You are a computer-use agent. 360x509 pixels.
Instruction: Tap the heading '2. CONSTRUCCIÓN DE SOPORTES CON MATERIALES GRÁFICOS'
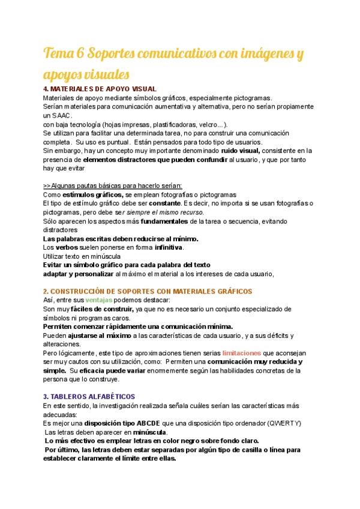coord(148,291)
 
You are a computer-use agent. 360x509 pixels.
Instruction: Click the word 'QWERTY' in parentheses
coord(285,423)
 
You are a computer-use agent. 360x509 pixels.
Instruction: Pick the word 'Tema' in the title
coord(58,55)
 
